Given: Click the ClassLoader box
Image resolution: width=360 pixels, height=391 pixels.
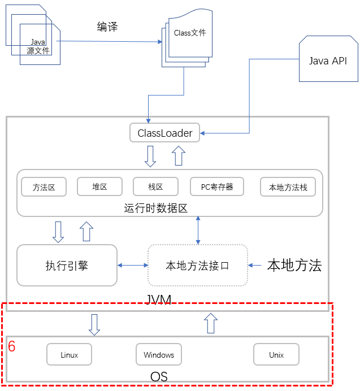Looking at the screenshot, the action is coord(164,133).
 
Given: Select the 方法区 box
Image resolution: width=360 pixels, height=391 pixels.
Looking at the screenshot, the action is coord(44,187).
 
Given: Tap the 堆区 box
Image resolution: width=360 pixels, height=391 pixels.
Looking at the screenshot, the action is coord(99,186).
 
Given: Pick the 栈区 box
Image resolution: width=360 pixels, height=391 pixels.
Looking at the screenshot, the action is coord(155,186).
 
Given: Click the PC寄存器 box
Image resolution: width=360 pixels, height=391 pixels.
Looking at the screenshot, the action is coord(217,186).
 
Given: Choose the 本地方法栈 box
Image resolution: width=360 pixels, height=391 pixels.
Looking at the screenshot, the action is coord(288,187).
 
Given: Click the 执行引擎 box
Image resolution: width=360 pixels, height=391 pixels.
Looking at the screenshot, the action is coord(67,266).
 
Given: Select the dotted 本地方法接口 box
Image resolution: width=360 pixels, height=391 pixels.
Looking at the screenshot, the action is coord(198,266).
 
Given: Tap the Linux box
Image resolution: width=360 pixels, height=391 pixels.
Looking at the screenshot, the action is coord(69,355).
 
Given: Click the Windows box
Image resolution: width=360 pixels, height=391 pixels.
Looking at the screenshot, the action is coord(159,355).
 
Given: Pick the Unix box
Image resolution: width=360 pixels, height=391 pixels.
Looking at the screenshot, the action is coord(276,355).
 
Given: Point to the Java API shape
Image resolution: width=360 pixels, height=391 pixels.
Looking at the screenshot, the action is coord(328,59).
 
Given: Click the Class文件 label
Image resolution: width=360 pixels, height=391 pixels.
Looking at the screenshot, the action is coord(190,33).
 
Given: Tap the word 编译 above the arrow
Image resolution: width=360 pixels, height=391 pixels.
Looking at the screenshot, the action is coord(107,27).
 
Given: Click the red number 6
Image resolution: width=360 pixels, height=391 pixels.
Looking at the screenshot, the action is coord(11,346).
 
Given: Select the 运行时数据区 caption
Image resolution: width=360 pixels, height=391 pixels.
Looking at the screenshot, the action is coord(155,208).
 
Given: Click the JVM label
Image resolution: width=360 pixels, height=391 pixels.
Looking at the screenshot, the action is coord(158,299).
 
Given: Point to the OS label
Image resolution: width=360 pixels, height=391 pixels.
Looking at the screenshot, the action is coord(159,376).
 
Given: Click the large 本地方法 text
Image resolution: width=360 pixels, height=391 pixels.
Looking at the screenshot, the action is coord(294,265).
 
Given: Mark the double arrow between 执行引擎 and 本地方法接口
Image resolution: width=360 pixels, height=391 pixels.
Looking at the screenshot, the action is coord(133,266).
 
